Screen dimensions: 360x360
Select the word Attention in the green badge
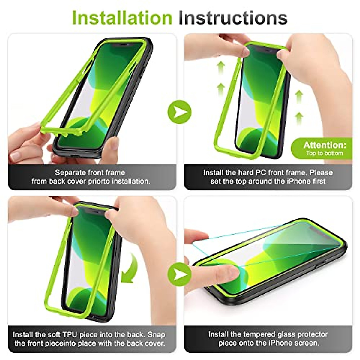(325, 145)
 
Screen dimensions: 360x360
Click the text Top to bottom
(325, 153)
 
